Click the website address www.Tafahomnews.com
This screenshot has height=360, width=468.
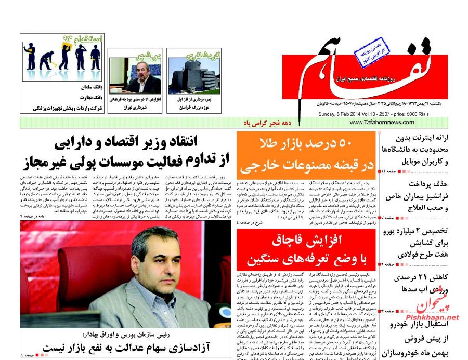(x=382, y=123)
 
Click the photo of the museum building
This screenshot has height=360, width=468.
(x=194, y=76)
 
